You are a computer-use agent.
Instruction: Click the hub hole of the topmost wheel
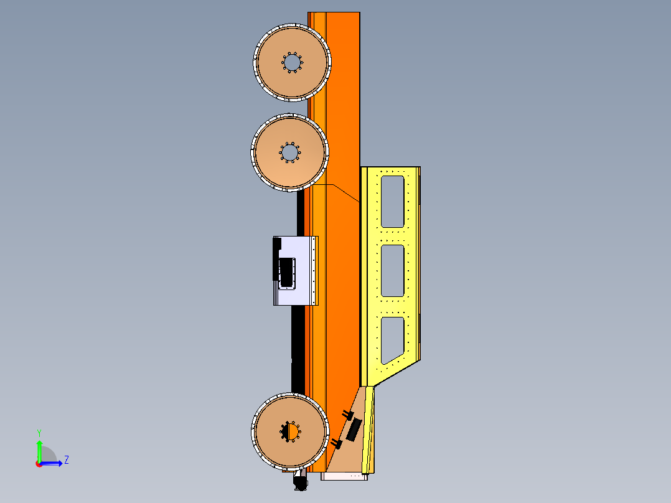(292, 62)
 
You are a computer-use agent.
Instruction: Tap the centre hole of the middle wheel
(289, 152)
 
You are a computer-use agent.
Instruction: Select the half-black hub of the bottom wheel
(291, 431)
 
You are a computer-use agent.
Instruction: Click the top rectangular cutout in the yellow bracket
(392, 201)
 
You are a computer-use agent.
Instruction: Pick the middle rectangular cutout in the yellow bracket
(392, 271)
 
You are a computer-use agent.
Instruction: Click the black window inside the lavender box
(288, 273)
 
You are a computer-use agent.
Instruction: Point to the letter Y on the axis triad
(39, 432)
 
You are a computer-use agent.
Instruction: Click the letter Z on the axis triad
(66, 460)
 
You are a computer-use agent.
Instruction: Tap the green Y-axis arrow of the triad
(39, 448)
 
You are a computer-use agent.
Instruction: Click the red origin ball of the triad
(39, 464)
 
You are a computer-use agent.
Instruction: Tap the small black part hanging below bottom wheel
(300, 482)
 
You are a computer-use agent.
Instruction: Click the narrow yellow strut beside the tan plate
(369, 430)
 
